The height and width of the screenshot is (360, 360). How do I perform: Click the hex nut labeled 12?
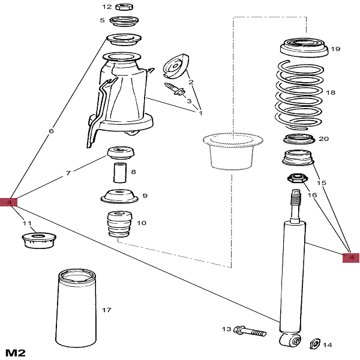coord(124,7)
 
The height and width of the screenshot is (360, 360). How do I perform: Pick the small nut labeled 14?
coord(312,344)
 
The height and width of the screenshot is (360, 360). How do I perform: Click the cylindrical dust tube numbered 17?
coord(76,309)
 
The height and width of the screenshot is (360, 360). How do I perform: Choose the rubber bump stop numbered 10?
coord(118,225)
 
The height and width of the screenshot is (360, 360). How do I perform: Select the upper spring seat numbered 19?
coord(304,49)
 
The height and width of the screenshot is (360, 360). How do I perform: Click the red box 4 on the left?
coord(13,203)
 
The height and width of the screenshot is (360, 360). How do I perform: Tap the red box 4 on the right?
coord(351,258)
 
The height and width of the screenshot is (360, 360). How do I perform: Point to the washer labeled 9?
coord(118,197)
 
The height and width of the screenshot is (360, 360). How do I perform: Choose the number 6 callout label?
coord(52,131)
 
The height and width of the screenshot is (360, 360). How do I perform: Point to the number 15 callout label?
coord(321,182)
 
